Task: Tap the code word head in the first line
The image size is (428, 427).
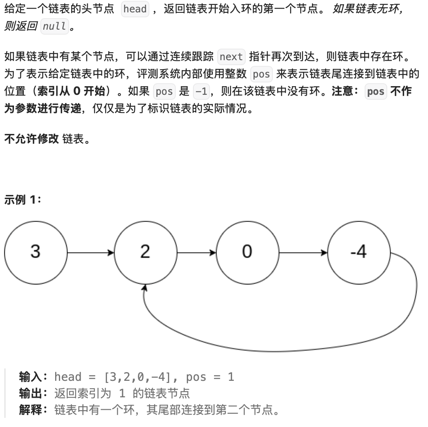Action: tap(135, 9)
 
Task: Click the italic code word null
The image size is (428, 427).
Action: tap(54, 27)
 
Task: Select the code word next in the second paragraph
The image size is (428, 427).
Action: tap(231, 56)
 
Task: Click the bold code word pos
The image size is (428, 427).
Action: tap(375, 91)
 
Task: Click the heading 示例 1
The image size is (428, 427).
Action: tap(22, 201)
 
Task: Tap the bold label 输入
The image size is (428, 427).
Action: tap(32, 377)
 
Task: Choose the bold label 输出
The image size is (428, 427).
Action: tap(32, 394)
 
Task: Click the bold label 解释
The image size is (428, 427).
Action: tap(32, 410)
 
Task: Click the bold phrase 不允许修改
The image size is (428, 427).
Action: tap(31, 139)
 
